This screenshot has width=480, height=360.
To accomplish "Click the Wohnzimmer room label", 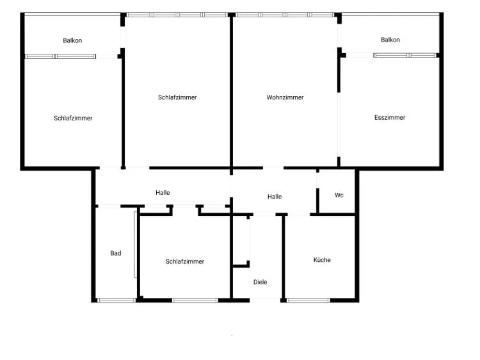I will (285, 97).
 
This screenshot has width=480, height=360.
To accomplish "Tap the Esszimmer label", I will (390, 117).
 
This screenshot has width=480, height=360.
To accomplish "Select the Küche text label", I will (322, 260).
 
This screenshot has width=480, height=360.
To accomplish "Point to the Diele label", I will (260, 282).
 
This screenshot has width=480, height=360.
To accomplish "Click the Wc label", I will (339, 195).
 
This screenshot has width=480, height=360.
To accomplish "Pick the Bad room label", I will (115, 253).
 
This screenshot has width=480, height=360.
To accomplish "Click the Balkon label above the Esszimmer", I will (390, 40).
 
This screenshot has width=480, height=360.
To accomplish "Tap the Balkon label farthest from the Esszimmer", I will (72, 40).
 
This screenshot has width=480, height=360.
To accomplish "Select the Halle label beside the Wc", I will (275, 197).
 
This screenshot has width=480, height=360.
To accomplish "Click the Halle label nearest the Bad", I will (163, 192).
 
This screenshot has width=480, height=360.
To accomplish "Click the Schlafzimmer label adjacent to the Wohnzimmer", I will (177, 97).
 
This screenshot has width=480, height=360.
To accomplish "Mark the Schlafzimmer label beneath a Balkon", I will (73, 118).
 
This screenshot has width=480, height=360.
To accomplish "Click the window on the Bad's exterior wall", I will (116, 300).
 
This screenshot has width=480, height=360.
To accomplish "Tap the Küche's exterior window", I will (308, 300).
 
